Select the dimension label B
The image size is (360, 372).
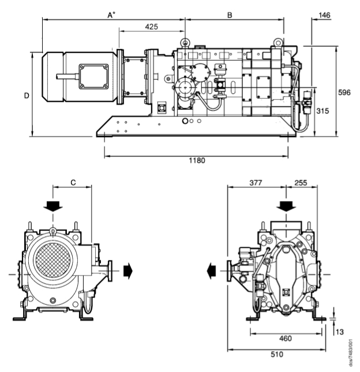(x=230, y=15)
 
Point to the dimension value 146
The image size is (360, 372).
(x=324, y=15)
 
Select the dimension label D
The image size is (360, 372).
(x=27, y=95)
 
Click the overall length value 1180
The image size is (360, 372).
(x=196, y=160)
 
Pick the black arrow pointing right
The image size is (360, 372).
(x=127, y=270)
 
